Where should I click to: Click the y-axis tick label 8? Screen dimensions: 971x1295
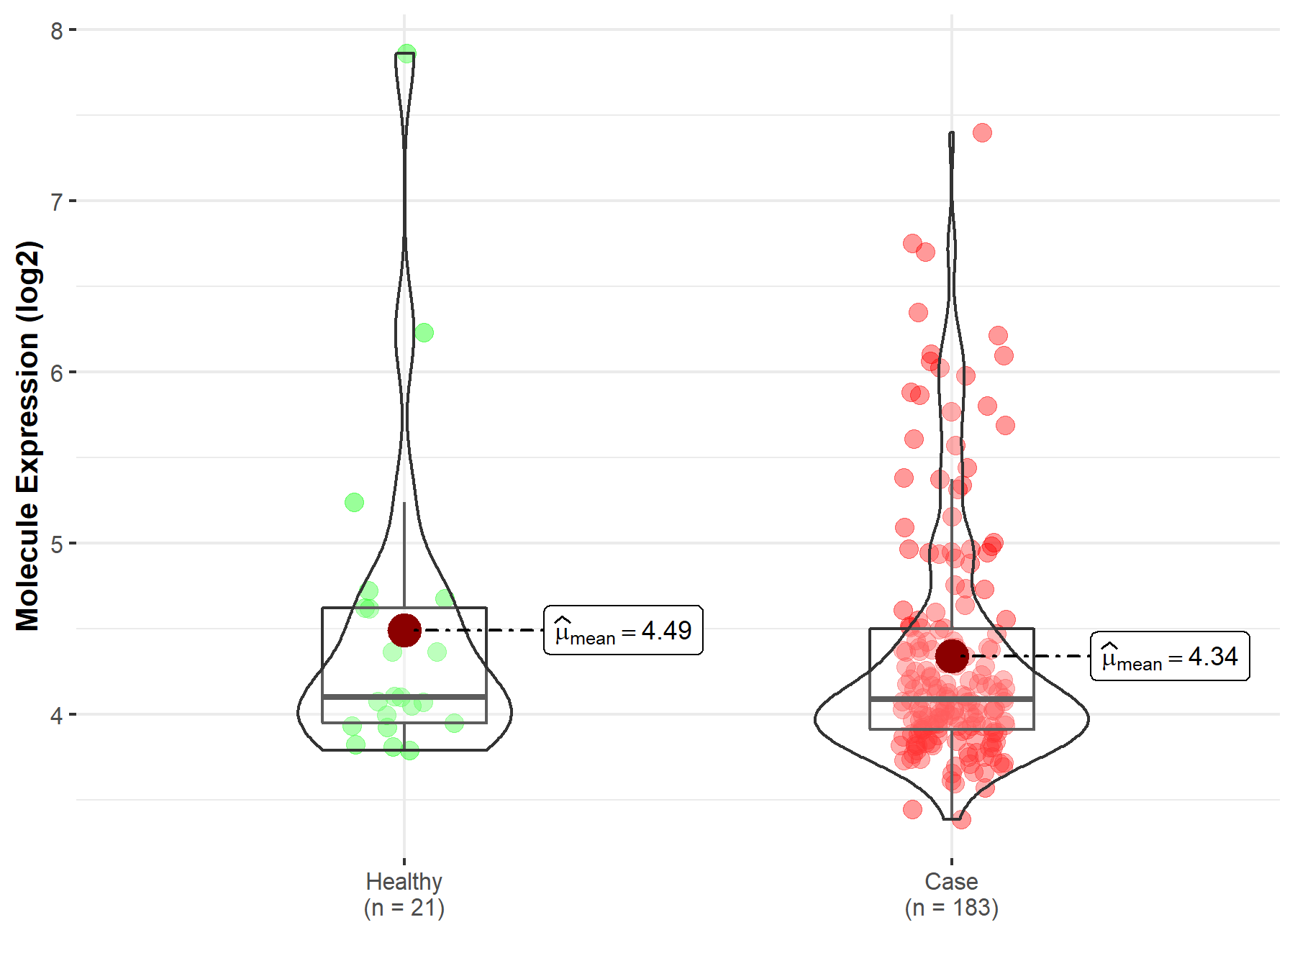(x=57, y=31)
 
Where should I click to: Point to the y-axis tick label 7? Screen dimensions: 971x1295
(x=57, y=202)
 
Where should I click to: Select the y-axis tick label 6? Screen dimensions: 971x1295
(x=57, y=373)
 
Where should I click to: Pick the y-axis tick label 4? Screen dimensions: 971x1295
(x=57, y=716)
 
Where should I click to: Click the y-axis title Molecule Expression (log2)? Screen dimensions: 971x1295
(x=28, y=436)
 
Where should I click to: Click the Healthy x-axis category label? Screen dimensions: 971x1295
(x=404, y=881)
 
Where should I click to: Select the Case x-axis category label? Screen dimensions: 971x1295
(x=951, y=881)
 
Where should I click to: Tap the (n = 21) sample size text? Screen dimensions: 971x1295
(x=404, y=908)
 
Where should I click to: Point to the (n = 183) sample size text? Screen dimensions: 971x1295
(x=951, y=908)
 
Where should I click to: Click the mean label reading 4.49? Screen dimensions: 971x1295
(x=623, y=631)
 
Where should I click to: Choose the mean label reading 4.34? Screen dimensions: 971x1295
(x=1170, y=657)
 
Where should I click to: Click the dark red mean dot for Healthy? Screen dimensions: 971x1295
(x=404, y=630)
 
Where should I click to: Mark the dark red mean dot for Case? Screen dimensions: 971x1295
(x=952, y=656)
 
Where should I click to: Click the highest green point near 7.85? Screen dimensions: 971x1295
(x=406, y=53)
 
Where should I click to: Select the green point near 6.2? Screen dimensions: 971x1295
(x=424, y=332)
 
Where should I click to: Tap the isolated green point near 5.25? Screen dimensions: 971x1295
(x=354, y=502)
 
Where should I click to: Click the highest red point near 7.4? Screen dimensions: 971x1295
(x=982, y=132)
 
